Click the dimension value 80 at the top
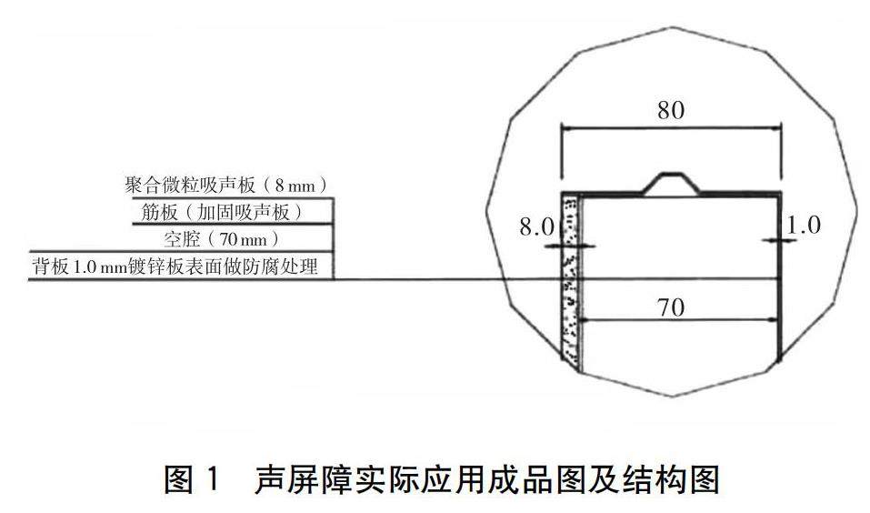tap(670, 111)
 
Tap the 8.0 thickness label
tap(536, 227)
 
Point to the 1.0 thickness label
tap(803, 225)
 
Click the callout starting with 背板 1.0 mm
tap(180, 267)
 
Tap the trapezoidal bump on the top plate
tap(671, 183)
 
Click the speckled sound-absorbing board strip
tap(571, 282)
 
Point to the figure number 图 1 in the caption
tap(192, 477)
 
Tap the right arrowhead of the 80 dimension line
tap(776, 131)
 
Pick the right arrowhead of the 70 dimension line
tap(775, 320)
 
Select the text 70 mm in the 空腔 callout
tap(245, 240)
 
